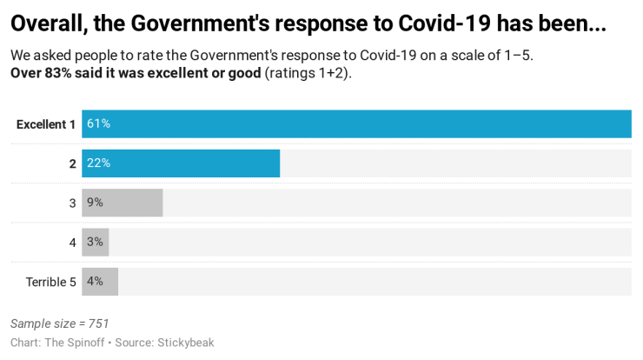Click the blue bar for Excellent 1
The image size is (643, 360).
point(356,123)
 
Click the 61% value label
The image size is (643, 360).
point(98,123)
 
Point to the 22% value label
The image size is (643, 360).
point(98,163)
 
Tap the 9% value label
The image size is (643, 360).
point(95,203)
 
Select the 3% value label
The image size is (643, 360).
point(95,243)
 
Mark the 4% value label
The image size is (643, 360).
point(95,282)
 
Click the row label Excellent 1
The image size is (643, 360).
point(46,124)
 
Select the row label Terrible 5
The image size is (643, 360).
point(50,283)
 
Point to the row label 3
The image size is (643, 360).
point(73,203)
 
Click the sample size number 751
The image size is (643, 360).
point(98,323)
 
